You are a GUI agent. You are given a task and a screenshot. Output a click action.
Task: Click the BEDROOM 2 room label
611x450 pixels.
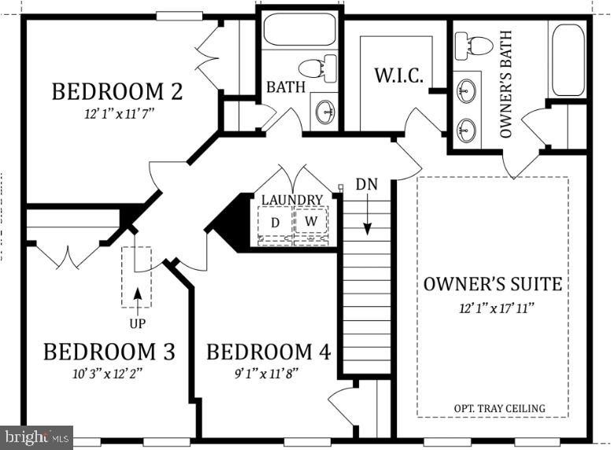[x=117, y=91]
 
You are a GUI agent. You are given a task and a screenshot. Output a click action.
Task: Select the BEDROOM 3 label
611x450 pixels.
[x=109, y=351]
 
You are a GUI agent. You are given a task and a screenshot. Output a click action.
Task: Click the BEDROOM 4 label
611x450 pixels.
[x=269, y=351]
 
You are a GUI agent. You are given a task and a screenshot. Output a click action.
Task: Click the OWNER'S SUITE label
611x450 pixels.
[x=493, y=284]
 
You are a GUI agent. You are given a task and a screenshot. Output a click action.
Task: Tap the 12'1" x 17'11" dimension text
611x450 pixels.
[x=493, y=306]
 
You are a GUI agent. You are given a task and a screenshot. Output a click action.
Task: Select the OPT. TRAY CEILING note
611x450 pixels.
[x=499, y=408]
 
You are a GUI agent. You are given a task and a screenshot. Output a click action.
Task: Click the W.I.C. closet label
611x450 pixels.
[x=398, y=76]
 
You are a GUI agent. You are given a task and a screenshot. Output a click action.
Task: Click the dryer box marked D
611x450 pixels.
[x=275, y=223]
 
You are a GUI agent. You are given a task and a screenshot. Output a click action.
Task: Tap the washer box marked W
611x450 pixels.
[x=311, y=222]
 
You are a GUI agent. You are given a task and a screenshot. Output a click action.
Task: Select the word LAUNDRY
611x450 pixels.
[x=292, y=200]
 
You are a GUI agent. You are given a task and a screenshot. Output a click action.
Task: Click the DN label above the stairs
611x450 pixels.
[x=366, y=184]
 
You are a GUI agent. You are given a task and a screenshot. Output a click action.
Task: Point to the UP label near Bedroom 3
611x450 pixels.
[x=137, y=323]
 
